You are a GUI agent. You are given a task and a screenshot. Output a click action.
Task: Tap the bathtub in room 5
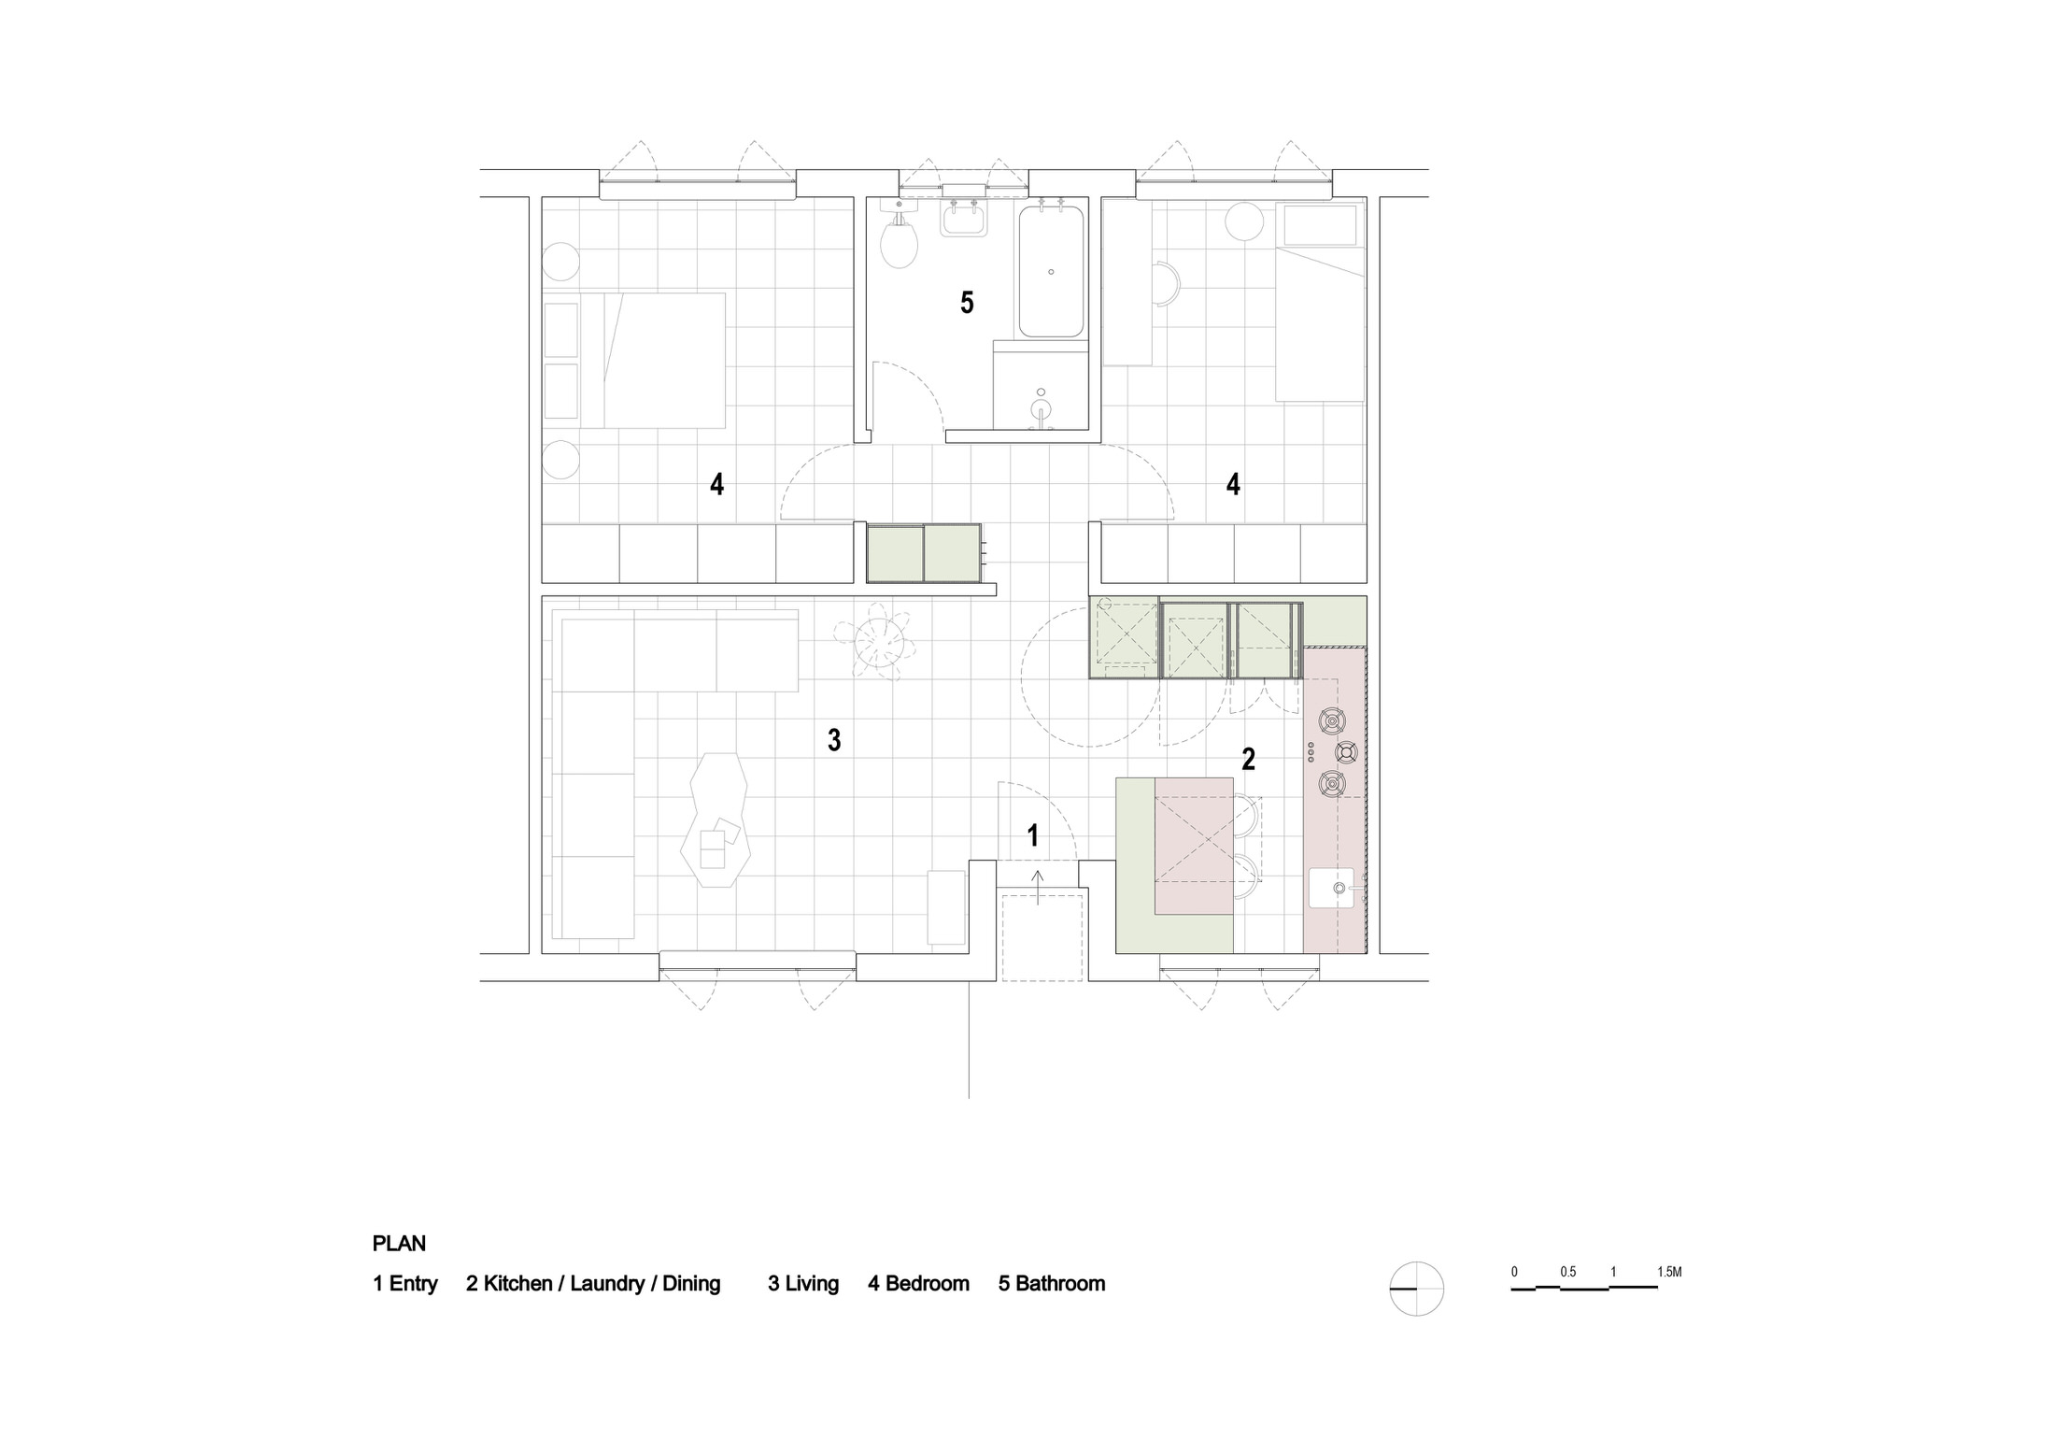[1051, 272]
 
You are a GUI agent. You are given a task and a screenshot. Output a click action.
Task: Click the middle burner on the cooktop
[1346, 751]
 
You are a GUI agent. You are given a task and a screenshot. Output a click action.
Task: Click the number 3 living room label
[834, 741]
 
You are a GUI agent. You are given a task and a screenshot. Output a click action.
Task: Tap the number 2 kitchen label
[1248, 759]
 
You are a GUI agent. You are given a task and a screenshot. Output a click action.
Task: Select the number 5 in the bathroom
[967, 303]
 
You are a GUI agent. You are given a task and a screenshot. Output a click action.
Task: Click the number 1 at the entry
[1032, 835]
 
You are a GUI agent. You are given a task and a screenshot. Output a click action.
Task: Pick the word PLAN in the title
[399, 1244]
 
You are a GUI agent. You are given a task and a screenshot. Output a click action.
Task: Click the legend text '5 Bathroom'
[1051, 1284]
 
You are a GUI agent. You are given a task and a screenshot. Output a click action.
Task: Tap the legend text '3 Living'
[803, 1284]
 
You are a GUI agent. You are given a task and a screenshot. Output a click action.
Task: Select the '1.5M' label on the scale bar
[1669, 1272]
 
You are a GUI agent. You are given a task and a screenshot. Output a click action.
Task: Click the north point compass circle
[1417, 1289]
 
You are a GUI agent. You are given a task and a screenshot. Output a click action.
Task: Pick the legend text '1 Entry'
[404, 1284]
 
